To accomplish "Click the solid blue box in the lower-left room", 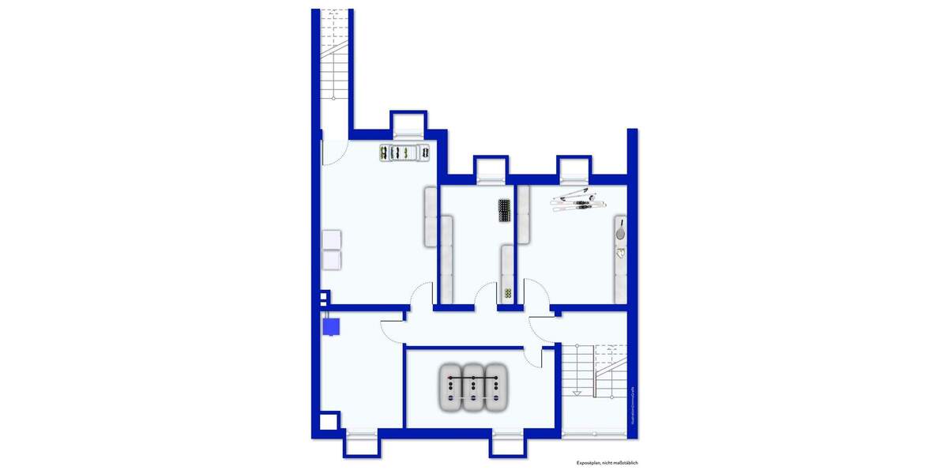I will click(x=331, y=325).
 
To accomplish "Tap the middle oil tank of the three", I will click(x=473, y=387).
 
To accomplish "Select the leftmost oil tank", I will click(x=451, y=387).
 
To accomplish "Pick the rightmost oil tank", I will click(x=495, y=387).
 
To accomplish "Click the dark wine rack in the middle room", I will click(x=505, y=210).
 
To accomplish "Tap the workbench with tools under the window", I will click(x=403, y=152).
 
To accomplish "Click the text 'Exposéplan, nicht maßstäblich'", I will click(x=607, y=462).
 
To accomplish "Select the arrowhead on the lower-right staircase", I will click(x=578, y=393).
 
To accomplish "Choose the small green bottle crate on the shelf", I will click(x=506, y=293).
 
